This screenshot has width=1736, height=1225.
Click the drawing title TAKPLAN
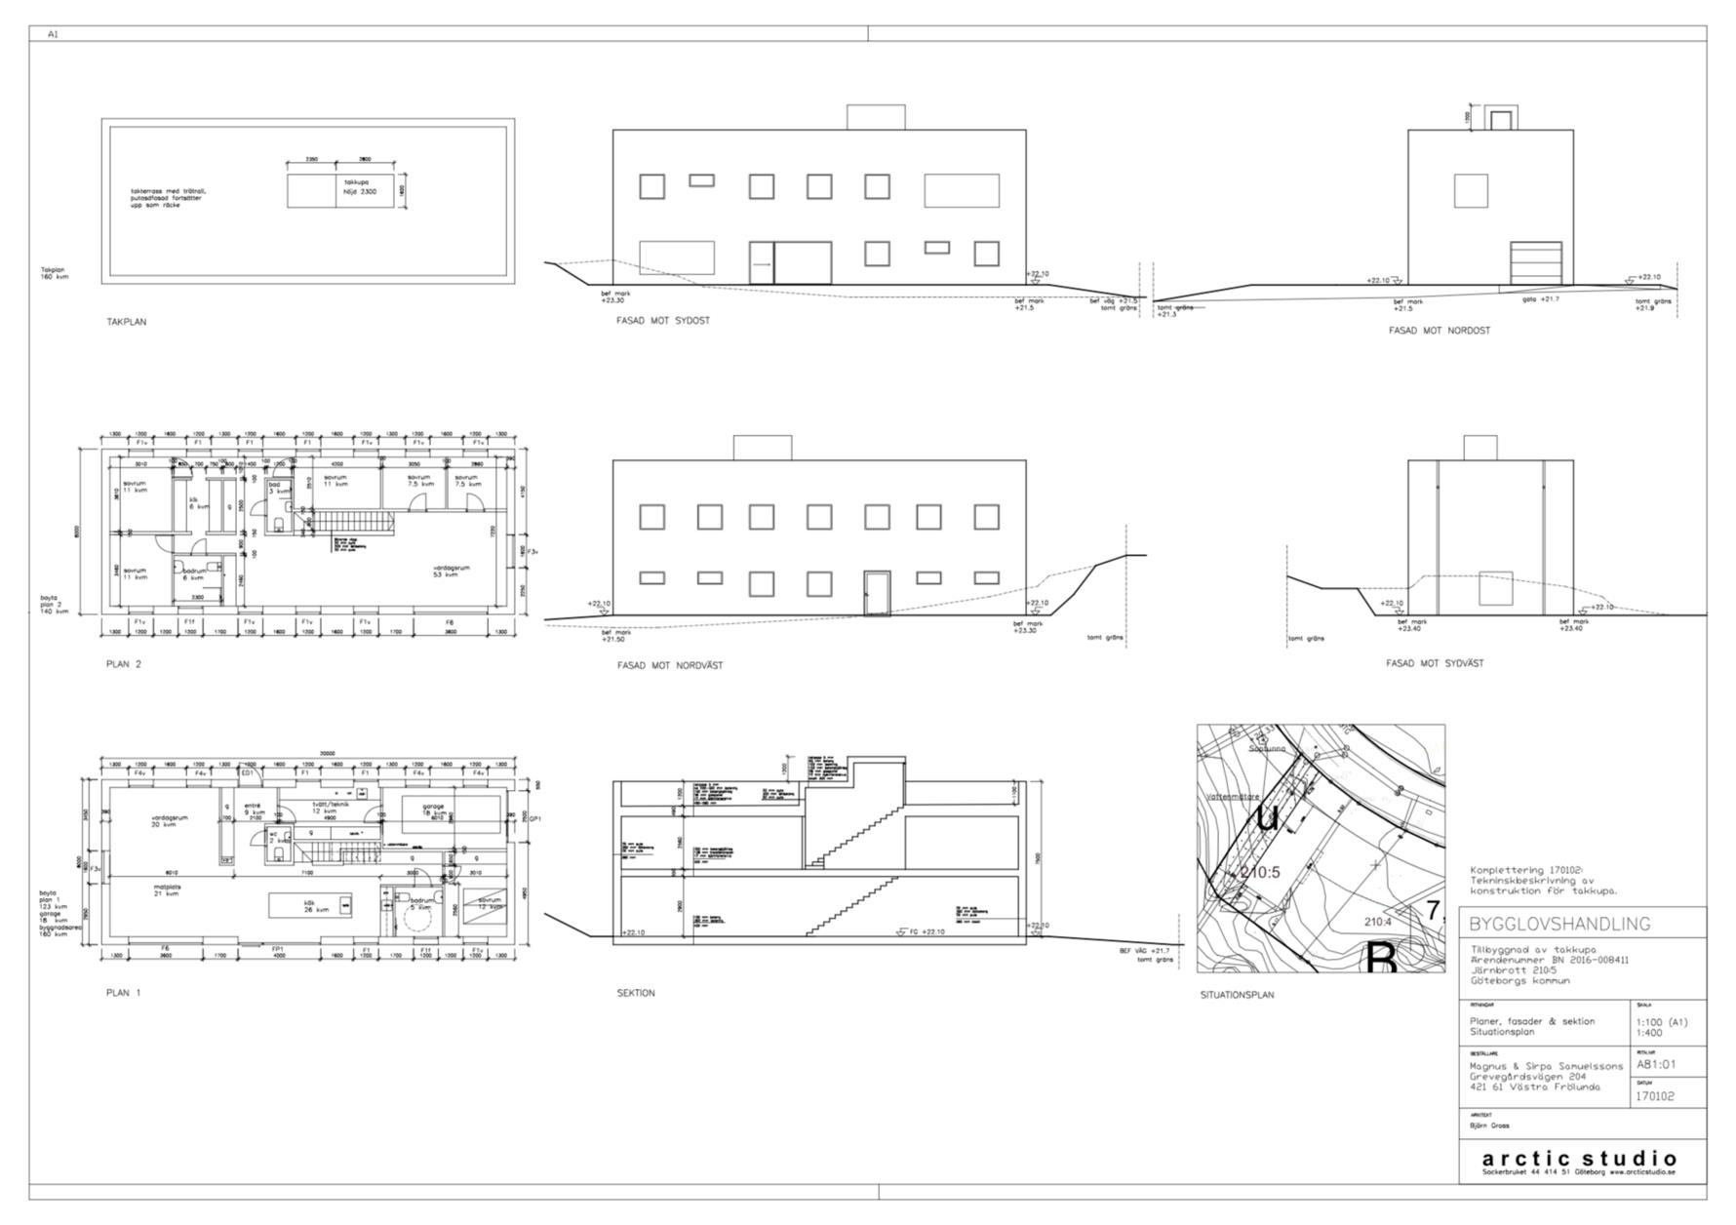pos(127,322)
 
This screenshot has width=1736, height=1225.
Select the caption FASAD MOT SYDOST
pos(663,321)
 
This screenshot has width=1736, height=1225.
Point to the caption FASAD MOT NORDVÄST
pos(670,666)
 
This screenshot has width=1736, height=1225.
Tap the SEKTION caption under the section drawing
pos(636,994)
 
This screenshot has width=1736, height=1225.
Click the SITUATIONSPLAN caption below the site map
pos(1237,996)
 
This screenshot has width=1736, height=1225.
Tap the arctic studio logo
pos(1580,1160)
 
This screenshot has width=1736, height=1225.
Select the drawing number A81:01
pos(1656,1064)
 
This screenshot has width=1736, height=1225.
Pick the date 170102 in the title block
pos(1655,1096)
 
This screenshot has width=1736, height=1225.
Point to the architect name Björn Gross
pos(1489,1126)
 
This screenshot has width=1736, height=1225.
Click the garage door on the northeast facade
pos(1542,263)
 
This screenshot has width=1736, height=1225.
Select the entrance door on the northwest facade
pos(877,594)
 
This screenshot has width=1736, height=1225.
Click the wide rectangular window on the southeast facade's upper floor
pos(962,190)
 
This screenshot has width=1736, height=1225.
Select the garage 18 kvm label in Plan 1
pos(434,810)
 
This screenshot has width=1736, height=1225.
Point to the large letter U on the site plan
pos(1267,817)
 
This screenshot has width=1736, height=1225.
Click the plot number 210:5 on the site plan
pos(1258,873)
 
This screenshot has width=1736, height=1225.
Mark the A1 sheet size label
pos(54,34)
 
